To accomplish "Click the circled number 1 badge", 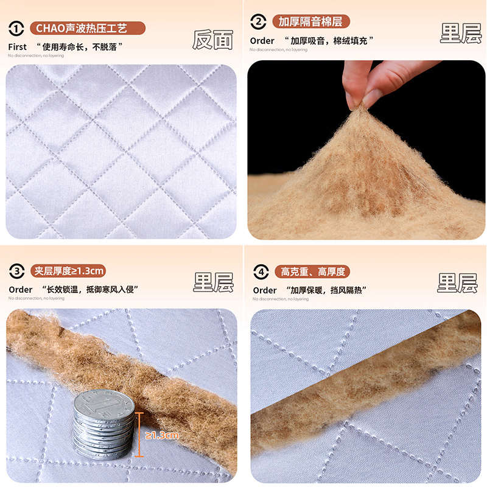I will (16, 28).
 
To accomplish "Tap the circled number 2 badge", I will (258, 23).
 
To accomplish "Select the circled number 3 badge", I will (16, 272).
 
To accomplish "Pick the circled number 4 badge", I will (260, 272).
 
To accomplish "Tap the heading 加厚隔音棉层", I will (310, 23).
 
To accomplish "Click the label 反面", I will (213, 40).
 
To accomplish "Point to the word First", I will (18, 47).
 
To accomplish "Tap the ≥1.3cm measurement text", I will (161, 435).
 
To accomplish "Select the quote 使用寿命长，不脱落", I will (83, 47).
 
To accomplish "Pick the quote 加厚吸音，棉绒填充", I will (332, 41).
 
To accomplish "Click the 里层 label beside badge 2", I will (461, 33).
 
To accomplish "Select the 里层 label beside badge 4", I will (457, 282).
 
